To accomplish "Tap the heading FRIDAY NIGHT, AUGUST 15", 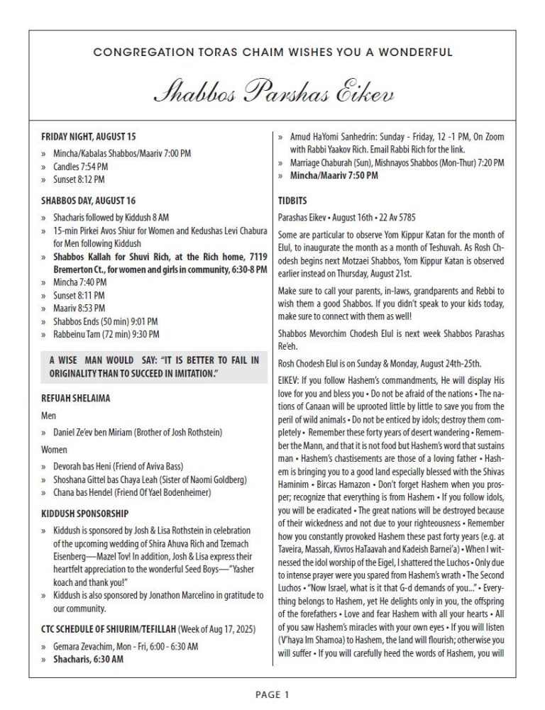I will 88,135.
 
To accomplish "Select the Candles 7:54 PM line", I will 80,167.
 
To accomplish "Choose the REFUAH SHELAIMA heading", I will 75,399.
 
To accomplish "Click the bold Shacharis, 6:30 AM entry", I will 87,659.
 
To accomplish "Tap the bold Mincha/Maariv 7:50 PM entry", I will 324,175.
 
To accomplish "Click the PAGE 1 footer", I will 272,694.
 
